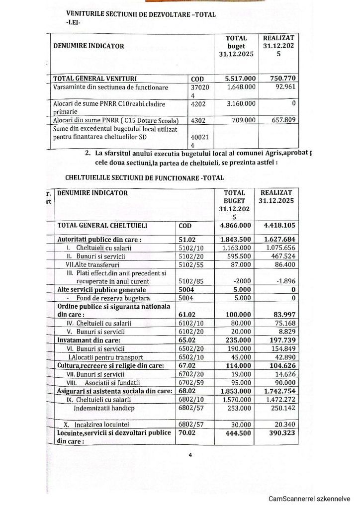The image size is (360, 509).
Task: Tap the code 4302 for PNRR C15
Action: tap(199, 120)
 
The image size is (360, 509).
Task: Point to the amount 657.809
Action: tap(282, 120)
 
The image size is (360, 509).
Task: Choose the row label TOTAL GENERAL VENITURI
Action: tap(95, 79)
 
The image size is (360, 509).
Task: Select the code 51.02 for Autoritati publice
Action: tap(189, 239)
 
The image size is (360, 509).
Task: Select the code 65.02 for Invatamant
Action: tap(189, 341)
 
